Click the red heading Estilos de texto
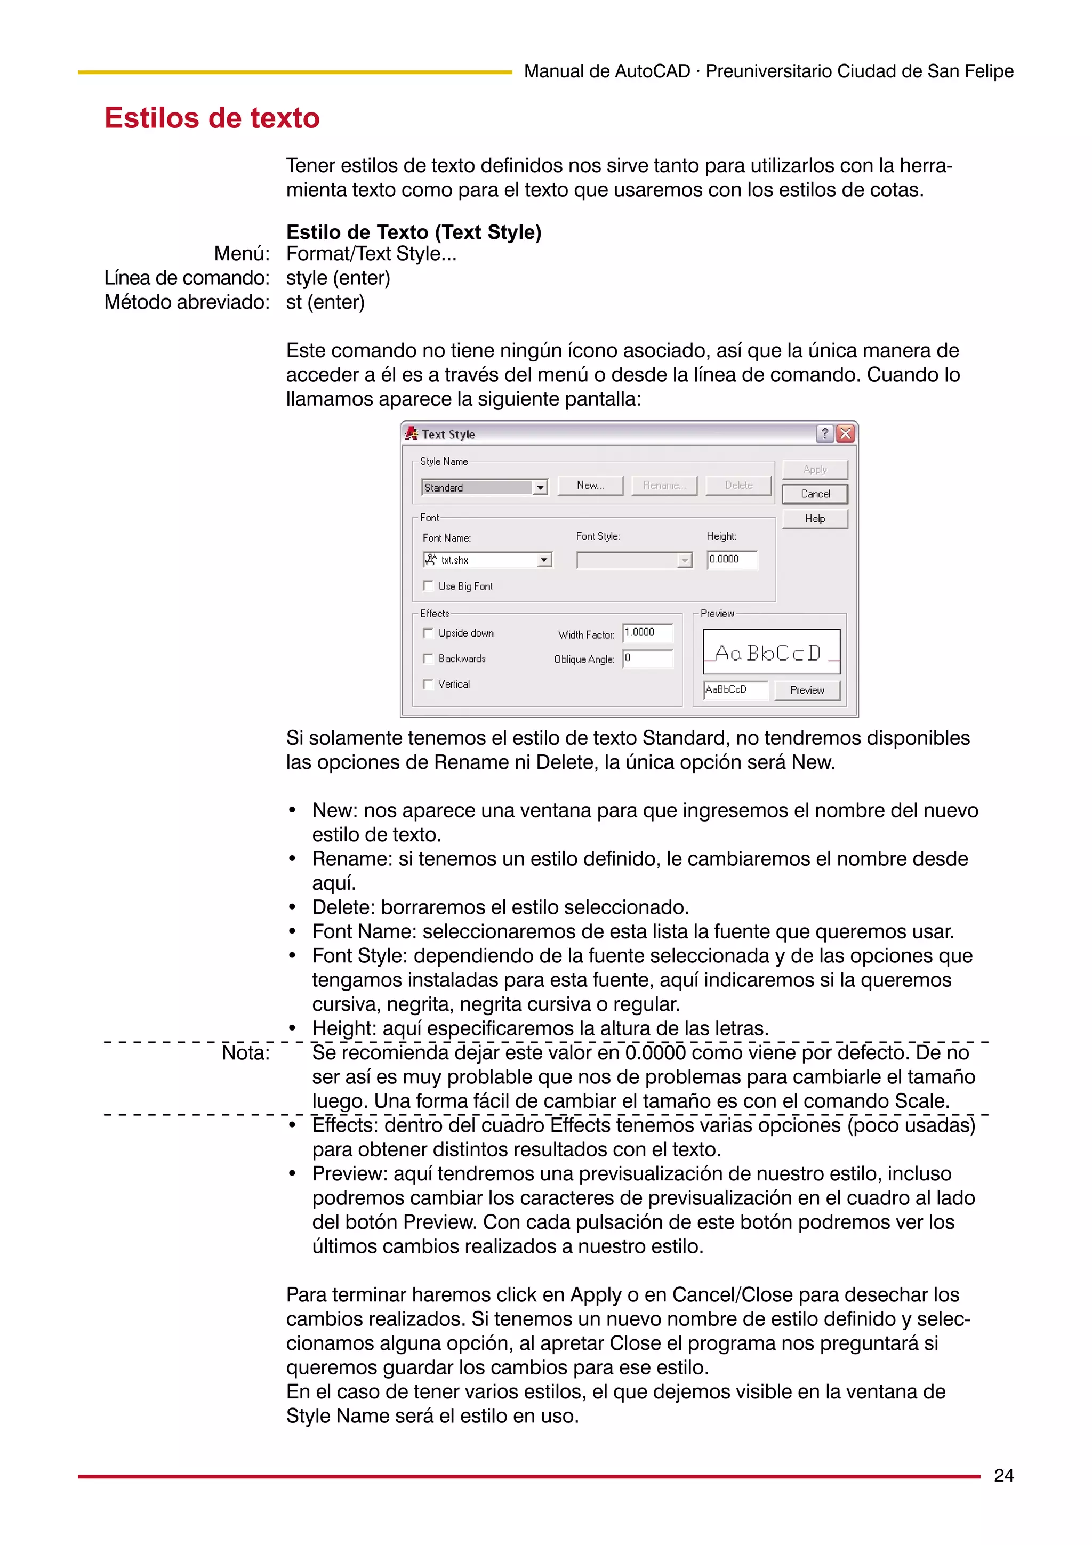tap(212, 118)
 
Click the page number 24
tap(1003, 1475)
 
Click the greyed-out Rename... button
tap(663, 485)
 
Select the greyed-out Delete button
tap(738, 485)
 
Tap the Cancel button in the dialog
tap(815, 494)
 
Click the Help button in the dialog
tap(815, 519)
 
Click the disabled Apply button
tap(815, 469)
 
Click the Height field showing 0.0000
tap(732, 559)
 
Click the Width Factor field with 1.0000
tap(647, 632)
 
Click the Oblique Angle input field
tap(647, 658)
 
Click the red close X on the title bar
tap(845, 434)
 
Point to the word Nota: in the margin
tap(246, 1053)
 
